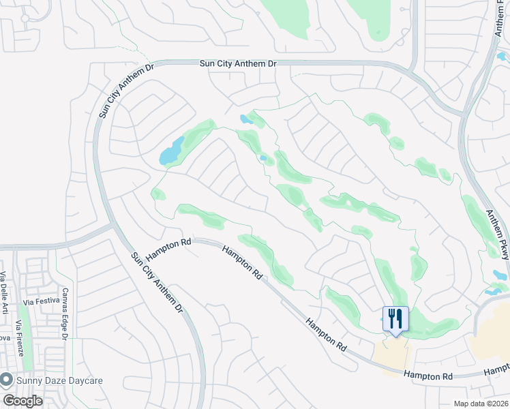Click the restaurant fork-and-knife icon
[395, 318]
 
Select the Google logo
[22, 401]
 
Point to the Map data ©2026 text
[481, 404]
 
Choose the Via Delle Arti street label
[4, 293]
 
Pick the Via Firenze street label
[22, 342]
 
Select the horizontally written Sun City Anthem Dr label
[238, 63]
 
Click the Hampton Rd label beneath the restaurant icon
[427, 375]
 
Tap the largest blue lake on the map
[172, 152]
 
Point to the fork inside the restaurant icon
[391, 318]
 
